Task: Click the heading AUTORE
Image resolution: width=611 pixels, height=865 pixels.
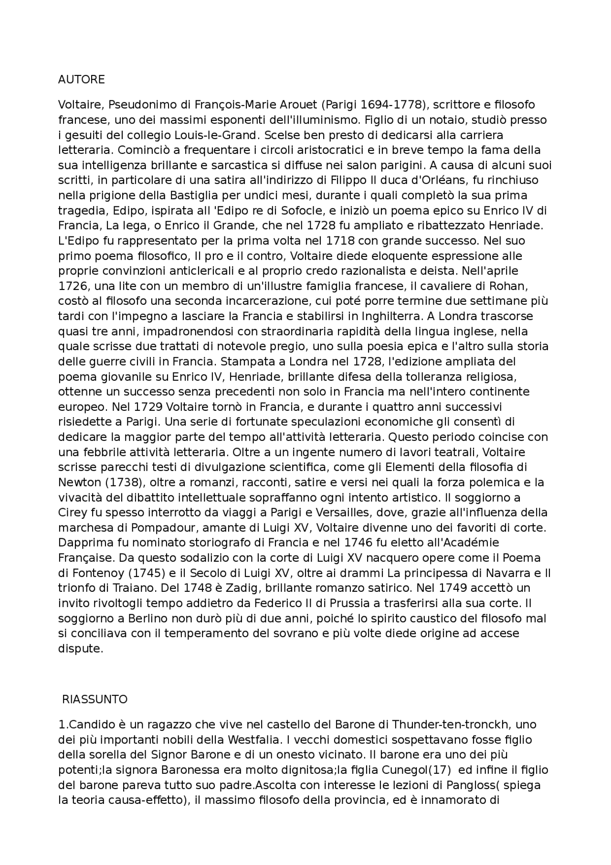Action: (81, 79)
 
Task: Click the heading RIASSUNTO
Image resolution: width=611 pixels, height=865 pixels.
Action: (95, 699)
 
